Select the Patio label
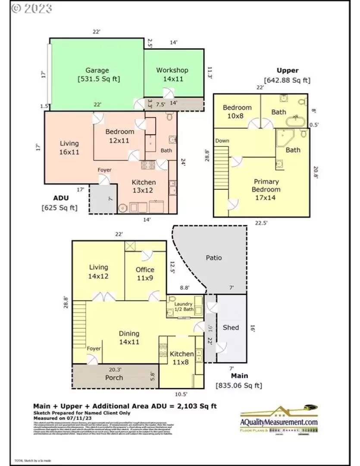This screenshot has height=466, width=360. (x=214, y=258)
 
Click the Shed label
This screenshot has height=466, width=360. (x=231, y=327)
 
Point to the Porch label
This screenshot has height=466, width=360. (x=114, y=378)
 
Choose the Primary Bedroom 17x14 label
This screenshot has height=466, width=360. (x=266, y=189)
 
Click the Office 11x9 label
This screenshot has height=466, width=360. (x=145, y=274)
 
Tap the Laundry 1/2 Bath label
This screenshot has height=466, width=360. (x=183, y=307)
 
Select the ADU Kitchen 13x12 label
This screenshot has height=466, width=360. (x=144, y=186)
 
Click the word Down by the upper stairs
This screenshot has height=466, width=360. (x=222, y=141)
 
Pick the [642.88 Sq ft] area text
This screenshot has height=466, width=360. (x=287, y=80)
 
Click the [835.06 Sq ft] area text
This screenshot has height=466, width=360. (x=238, y=385)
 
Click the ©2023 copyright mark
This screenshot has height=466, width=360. (x=31, y=8)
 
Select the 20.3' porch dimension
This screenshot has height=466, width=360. (x=115, y=369)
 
